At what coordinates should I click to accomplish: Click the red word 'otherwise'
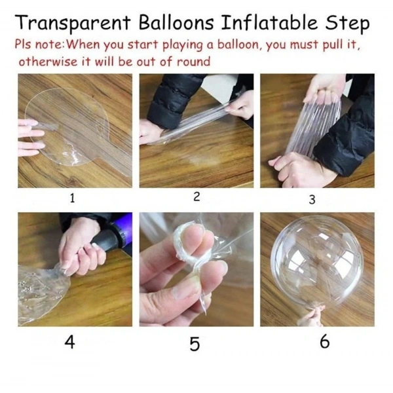click(45, 62)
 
